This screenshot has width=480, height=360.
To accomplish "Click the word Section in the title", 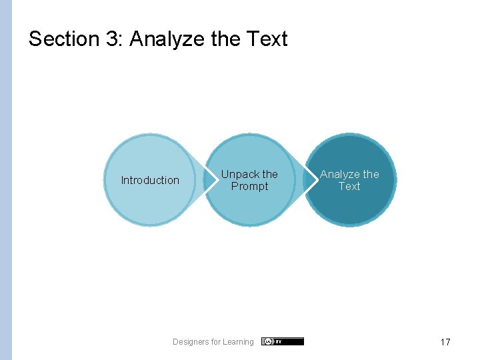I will click(x=63, y=39).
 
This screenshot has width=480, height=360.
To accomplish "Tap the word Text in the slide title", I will click(x=267, y=39).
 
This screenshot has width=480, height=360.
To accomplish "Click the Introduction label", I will click(x=150, y=180).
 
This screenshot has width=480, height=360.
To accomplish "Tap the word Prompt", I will click(x=249, y=187).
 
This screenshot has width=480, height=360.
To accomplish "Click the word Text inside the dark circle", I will click(x=349, y=187).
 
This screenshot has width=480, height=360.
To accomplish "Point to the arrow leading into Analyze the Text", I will click(x=309, y=180).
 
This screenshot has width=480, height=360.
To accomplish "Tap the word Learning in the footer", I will click(x=238, y=342).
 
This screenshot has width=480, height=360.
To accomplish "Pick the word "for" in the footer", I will click(x=215, y=342).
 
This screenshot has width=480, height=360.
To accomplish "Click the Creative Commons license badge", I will click(x=282, y=341).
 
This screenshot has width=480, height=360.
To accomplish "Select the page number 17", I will click(x=445, y=342).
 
